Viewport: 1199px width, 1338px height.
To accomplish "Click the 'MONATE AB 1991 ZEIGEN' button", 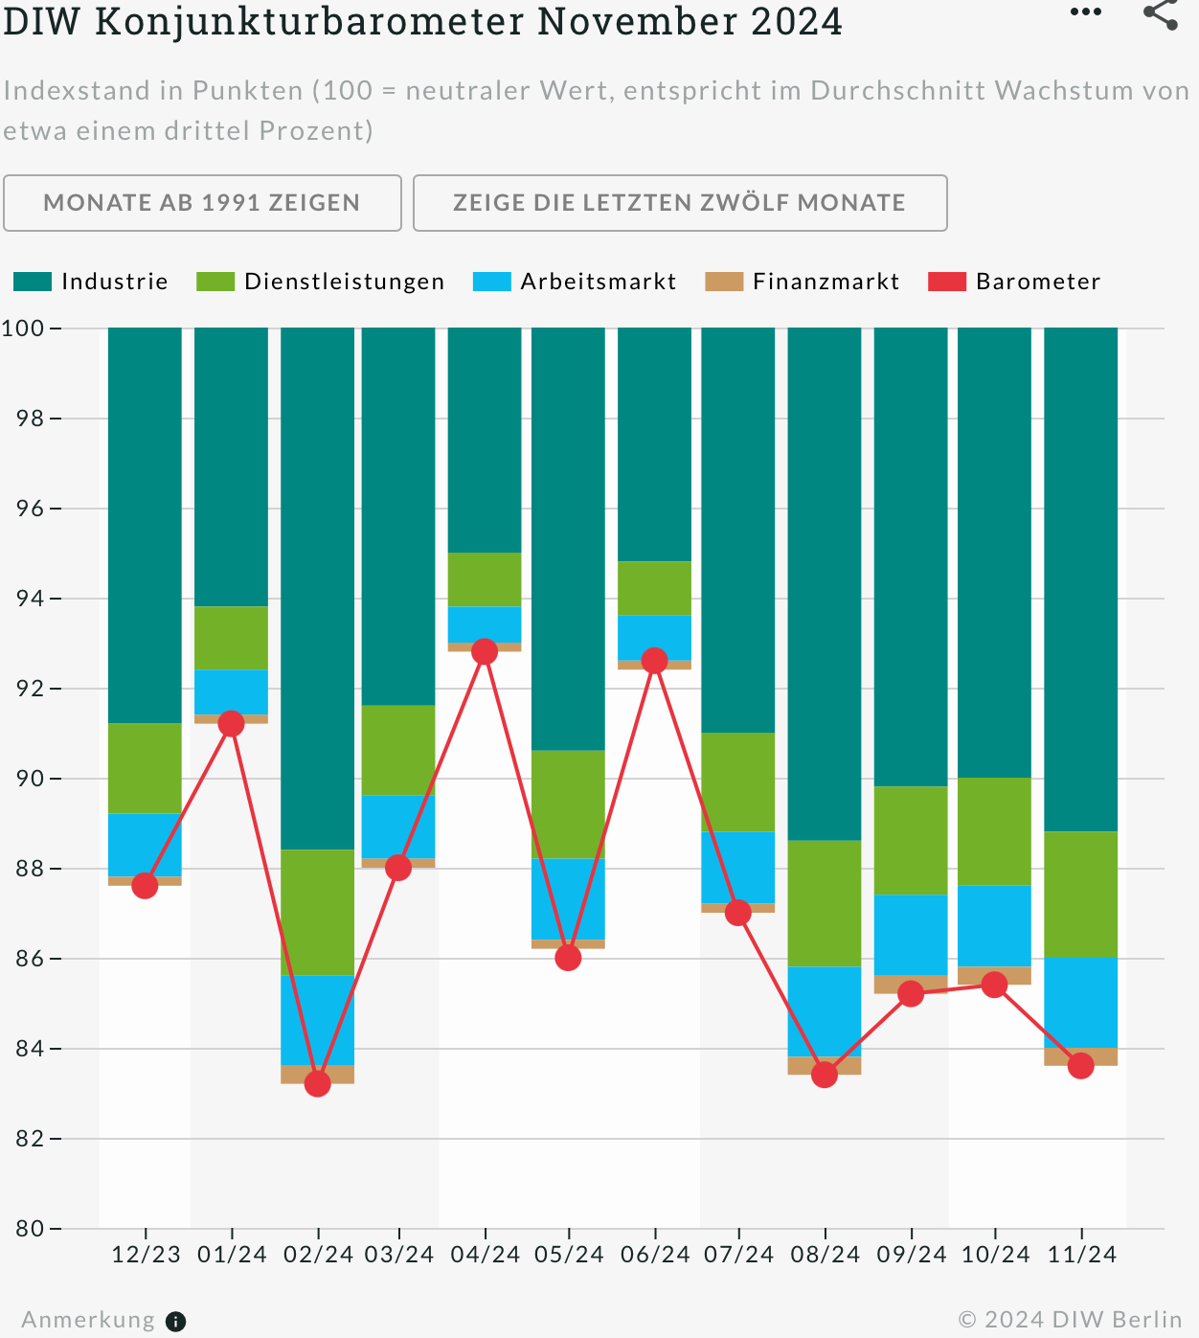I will tap(202, 203).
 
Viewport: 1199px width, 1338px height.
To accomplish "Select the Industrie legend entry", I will tap(91, 282).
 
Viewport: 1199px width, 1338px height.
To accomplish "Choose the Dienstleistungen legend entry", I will tap(321, 282).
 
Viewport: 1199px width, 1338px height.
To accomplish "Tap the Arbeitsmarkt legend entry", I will tap(576, 282).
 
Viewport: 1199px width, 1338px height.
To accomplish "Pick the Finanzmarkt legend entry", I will tap(803, 282).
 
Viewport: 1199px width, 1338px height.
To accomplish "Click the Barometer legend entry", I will tap(1015, 282).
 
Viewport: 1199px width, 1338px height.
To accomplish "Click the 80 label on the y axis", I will tap(31, 1229).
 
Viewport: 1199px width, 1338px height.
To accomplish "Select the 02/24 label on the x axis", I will tap(318, 1255).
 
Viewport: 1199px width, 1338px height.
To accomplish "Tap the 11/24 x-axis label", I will tap(1081, 1255).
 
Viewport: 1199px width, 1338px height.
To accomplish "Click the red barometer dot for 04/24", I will tap(485, 652).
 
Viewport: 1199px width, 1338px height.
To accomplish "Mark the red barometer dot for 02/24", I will tap(318, 1084).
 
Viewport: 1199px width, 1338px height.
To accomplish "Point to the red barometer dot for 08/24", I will tap(825, 1076).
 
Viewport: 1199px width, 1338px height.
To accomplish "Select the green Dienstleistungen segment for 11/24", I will tap(1081, 895).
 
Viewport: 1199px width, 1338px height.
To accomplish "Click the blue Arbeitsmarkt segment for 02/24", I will tap(318, 1020).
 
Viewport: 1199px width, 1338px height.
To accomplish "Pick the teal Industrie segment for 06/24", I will tap(654, 444).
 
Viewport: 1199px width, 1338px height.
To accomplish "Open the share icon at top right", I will tap(1161, 13).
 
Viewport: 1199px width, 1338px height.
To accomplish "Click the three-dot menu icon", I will tap(1086, 12).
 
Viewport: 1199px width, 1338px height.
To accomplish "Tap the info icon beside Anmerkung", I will tap(176, 1322).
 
